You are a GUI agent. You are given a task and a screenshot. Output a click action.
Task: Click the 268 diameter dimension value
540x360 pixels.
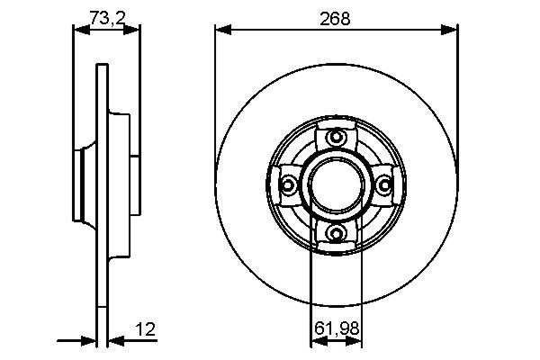click(x=337, y=17)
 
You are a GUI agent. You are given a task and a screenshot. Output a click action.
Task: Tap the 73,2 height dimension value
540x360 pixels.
click(x=105, y=17)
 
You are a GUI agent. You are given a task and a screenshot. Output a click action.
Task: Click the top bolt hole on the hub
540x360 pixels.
click(x=337, y=137)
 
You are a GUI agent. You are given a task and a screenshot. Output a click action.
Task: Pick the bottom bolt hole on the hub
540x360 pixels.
click(x=337, y=234)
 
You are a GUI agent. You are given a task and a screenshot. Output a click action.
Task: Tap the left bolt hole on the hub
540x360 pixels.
click(x=289, y=185)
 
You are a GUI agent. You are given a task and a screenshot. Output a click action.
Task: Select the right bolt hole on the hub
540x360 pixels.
click(x=385, y=185)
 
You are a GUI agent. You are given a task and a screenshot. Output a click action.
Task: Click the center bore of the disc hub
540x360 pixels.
click(x=337, y=185)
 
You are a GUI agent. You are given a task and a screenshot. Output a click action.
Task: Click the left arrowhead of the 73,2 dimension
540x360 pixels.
click(x=78, y=30)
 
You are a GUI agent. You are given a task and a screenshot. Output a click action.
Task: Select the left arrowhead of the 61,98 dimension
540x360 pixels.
click(x=315, y=341)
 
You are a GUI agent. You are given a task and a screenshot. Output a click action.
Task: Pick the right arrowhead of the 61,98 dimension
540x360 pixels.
click(x=358, y=341)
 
